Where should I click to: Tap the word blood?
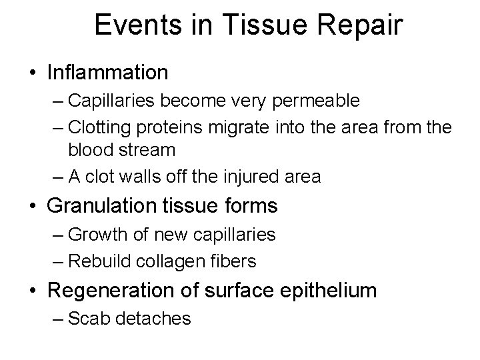94,151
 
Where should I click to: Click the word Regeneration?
109,291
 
